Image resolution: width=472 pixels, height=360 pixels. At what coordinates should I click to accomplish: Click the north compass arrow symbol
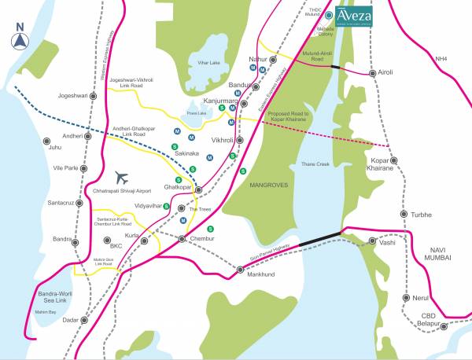(20, 39)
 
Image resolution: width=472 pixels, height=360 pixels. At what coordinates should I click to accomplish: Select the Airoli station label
(385, 72)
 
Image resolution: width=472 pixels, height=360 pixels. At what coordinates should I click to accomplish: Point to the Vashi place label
(387, 243)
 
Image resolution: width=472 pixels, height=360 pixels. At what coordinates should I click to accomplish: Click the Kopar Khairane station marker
(393, 161)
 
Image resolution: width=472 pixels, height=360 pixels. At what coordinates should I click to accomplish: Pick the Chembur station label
(202, 237)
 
